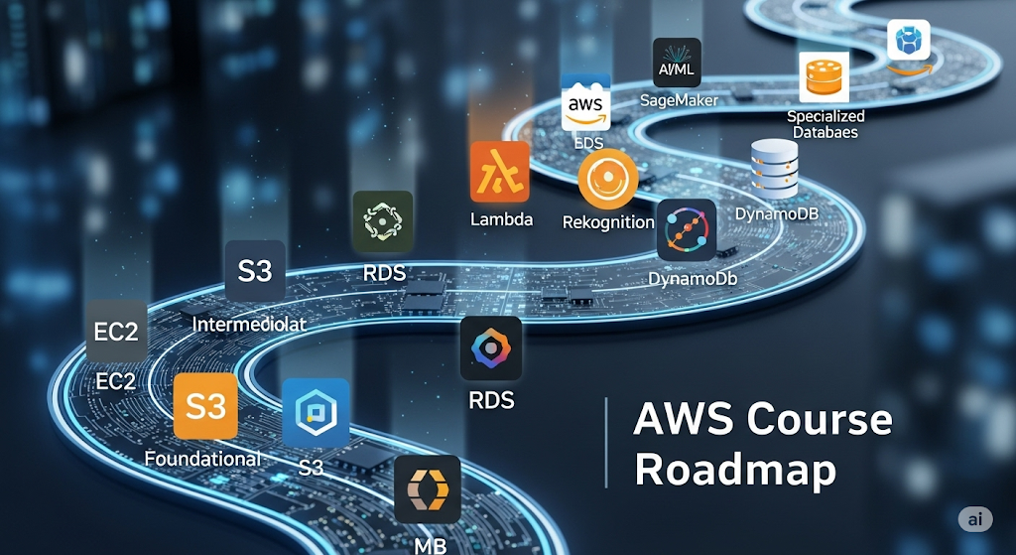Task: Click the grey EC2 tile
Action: [x=117, y=332]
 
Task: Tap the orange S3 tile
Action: [x=205, y=406]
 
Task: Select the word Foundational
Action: [x=202, y=459]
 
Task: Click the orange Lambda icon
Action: [x=500, y=172]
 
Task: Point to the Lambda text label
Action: [x=501, y=219]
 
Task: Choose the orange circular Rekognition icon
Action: [x=607, y=179]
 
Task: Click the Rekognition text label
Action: [x=608, y=221]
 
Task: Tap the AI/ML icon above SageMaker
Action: [x=678, y=63]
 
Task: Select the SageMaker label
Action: [x=679, y=99]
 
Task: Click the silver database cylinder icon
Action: [x=775, y=168]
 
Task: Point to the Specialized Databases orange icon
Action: [x=824, y=77]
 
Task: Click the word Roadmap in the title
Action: [x=735, y=470]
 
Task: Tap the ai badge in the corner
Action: [x=975, y=519]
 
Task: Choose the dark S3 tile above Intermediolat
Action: [x=255, y=270]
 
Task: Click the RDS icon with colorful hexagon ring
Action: [x=491, y=348]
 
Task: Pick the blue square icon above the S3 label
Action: [x=316, y=412]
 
